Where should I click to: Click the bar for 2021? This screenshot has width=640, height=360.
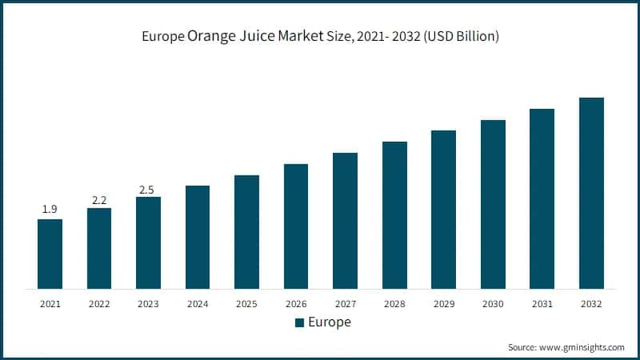(50, 254)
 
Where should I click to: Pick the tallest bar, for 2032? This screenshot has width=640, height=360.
(591, 193)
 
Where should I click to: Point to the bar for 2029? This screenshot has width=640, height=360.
(443, 209)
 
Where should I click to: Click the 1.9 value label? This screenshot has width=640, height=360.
(50, 210)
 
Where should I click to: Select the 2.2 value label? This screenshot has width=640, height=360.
(99, 199)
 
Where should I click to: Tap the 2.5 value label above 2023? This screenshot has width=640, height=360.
(148, 188)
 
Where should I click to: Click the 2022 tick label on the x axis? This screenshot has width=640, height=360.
(99, 304)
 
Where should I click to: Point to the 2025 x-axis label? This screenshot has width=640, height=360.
(246, 304)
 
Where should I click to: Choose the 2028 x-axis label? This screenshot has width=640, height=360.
(394, 304)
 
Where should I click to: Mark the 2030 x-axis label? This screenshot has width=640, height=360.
(493, 304)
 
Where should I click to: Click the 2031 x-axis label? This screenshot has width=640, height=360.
(542, 304)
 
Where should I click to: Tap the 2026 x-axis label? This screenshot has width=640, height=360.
(296, 304)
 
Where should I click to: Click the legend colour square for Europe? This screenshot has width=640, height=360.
(300, 323)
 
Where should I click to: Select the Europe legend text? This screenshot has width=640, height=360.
(330, 322)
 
